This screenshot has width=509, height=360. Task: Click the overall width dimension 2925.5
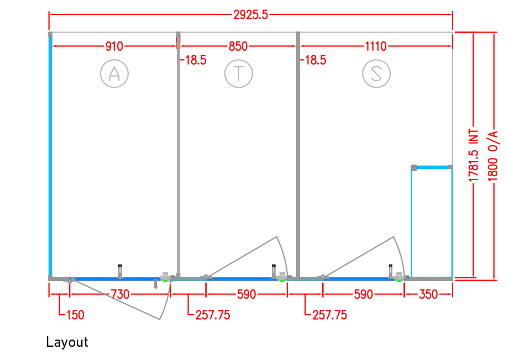pos(250,15)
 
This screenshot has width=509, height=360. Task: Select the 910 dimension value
pos(114,46)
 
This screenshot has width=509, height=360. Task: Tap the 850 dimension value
pos(238,46)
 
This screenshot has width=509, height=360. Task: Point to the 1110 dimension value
pos(376,46)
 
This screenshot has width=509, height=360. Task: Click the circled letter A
pos(114,73)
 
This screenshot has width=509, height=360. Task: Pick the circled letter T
pos(239,73)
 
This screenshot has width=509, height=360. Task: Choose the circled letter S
pos(376,73)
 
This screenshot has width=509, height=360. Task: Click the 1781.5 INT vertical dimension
pos(474,155)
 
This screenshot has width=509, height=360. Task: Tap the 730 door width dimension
pos(120,294)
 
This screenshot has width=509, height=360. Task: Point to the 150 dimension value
pos(75,315)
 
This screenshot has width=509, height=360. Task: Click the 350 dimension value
pos(428,294)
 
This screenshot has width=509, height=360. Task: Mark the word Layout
pos(67,342)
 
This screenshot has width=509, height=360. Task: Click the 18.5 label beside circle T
pos(196,60)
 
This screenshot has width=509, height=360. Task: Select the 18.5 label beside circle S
pos(315,60)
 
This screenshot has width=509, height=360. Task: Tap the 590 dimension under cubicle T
pos(246,294)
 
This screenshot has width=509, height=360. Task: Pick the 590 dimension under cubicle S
pos(364,294)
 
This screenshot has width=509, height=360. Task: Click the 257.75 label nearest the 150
pos(213,315)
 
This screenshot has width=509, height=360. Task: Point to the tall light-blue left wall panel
pos(50,156)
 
